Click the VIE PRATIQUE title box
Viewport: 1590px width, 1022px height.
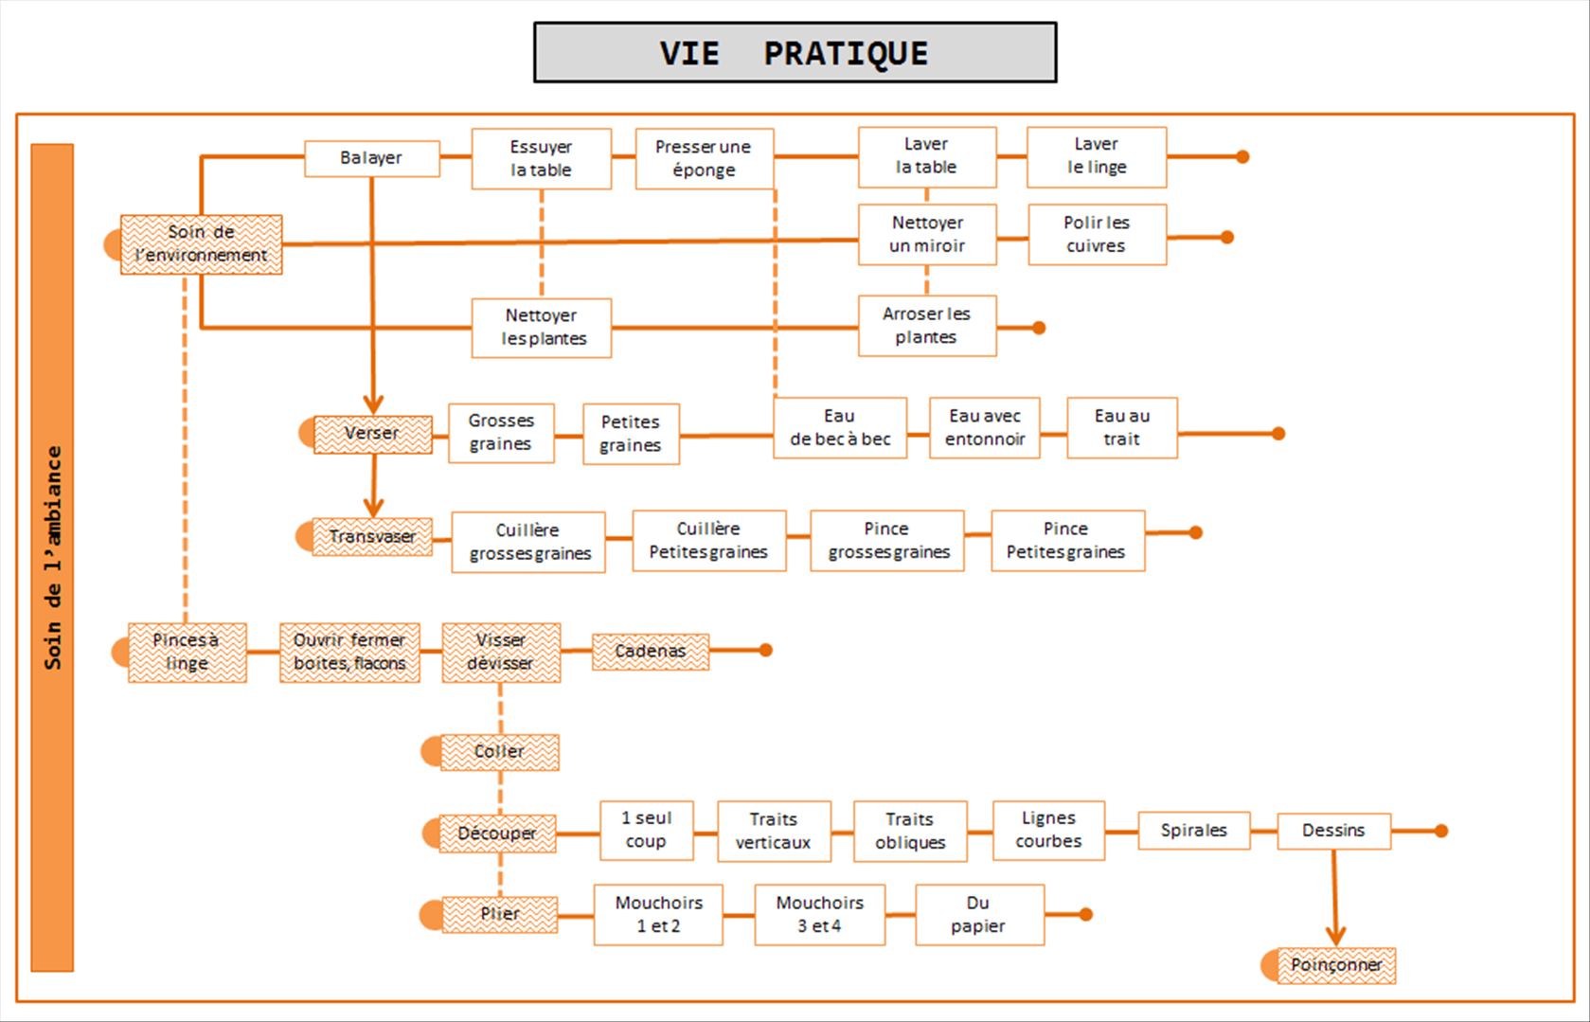coord(795,53)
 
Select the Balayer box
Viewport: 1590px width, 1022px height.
coord(371,158)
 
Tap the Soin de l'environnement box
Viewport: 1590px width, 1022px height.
coord(201,244)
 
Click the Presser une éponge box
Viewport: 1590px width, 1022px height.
coord(704,158)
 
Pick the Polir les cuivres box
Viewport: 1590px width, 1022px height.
coord(1097,234)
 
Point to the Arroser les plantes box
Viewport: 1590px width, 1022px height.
coord(926,326)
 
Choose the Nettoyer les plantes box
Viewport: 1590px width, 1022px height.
coord(542,328)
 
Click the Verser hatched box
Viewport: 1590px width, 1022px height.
coord(372,434)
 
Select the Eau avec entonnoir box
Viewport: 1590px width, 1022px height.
coord(985,428)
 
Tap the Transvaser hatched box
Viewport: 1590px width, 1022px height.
coord(372,536)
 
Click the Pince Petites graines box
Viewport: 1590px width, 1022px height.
coord(1067,541)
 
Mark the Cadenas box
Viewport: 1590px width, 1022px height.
coord(651,652)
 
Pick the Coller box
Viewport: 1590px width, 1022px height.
coord(499,752)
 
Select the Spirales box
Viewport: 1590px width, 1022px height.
coord(1193,831)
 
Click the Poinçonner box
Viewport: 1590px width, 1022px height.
coord(1336,965)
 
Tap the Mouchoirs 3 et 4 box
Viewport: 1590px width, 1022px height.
coord(819,915)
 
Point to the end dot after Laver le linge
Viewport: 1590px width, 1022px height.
coord(1242,157)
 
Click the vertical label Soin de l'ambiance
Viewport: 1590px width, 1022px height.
coord(52,557)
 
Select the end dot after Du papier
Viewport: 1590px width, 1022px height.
coord(1086,915)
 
